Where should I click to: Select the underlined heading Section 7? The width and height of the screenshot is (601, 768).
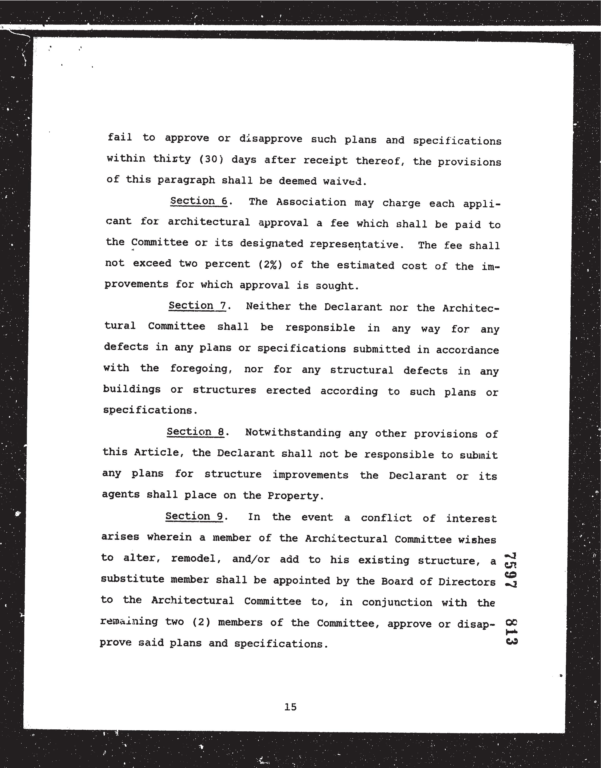197,306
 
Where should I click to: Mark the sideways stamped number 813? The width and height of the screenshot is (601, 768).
511,632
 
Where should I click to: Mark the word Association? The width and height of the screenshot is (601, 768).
311,202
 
